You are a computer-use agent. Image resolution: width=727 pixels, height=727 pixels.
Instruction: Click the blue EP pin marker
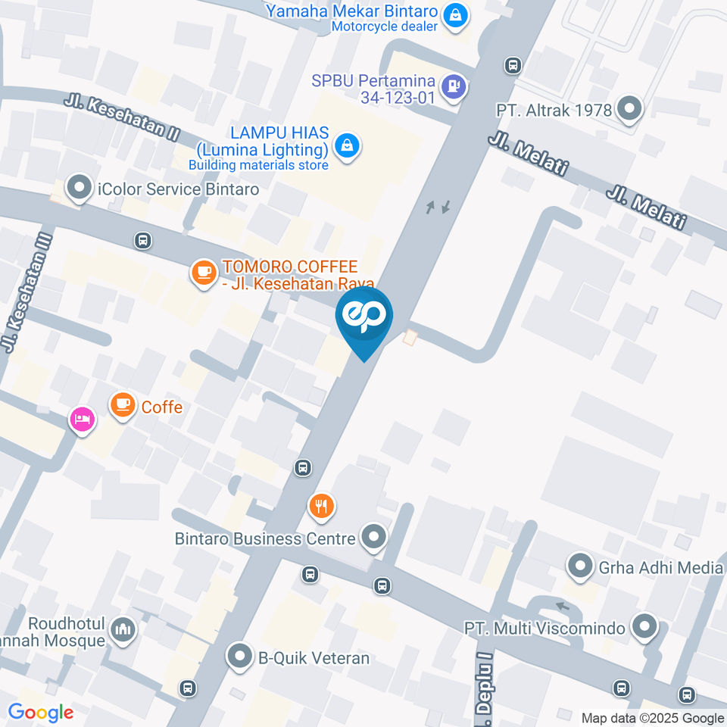(x=364, y=317)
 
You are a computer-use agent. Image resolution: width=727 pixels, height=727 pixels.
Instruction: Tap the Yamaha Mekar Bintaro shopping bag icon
(x=455, y=14)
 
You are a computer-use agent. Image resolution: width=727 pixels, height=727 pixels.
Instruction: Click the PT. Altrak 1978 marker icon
(x=629, y=109)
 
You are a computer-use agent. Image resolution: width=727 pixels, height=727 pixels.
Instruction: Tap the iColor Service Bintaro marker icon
(x=79, y=189)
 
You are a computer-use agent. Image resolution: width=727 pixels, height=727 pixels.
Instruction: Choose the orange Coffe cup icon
(x=123, y=405)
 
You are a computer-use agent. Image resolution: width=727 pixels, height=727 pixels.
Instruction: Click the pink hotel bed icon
(x=83, y=419)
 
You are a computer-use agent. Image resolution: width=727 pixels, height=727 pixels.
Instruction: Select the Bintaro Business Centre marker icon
(x=373, y=538)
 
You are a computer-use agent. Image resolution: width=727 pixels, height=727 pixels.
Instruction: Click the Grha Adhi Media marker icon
(x=580, y=566)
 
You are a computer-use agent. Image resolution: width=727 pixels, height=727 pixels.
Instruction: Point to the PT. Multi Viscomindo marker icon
(x=644, y=627)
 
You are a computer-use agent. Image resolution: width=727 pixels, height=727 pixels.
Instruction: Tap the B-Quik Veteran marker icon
(x=240, y=657)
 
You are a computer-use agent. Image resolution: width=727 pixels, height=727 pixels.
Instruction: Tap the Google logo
(x=40, y=712)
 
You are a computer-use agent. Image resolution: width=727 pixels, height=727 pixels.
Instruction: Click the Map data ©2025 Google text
(x=652, y=718)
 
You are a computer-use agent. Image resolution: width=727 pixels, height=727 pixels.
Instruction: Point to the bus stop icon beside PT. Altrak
(x=513, y=65)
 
